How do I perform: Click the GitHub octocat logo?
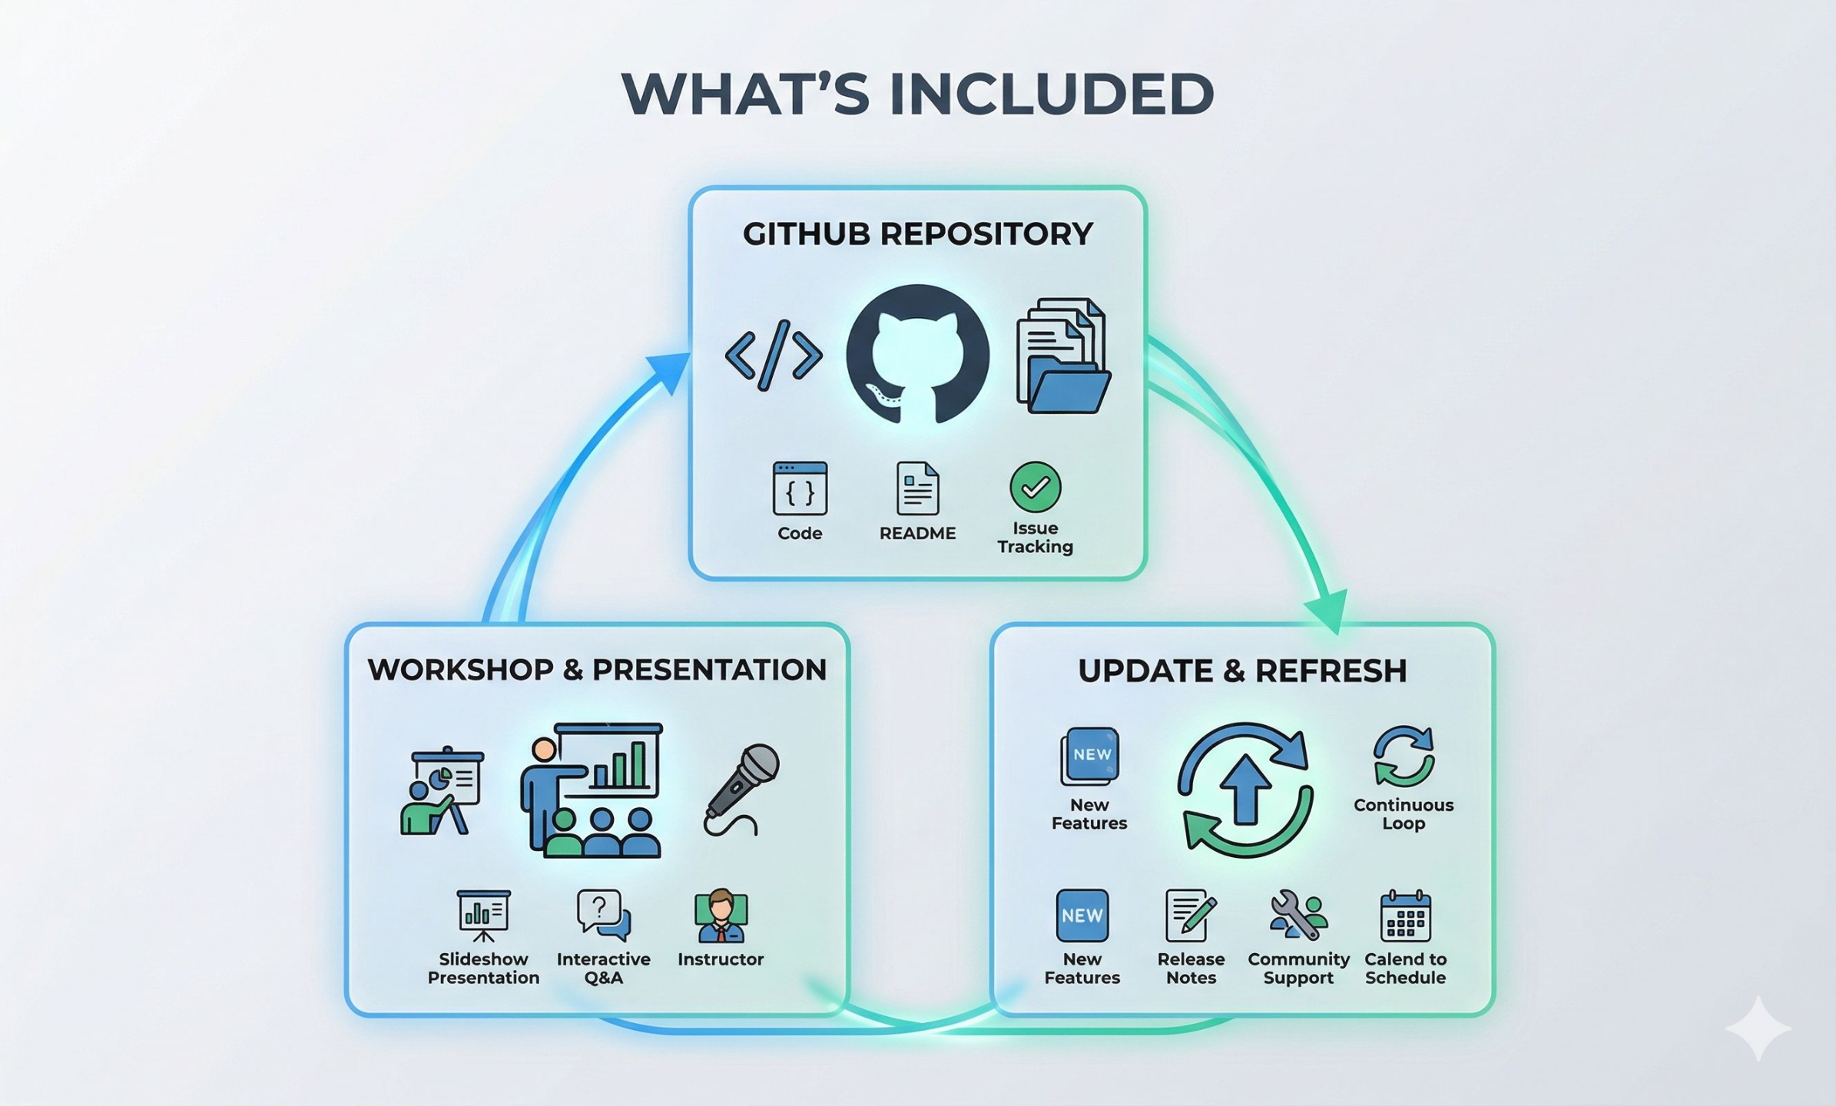pyautogui.click(x=917, y=355)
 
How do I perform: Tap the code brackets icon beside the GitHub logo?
pyautogui.click(x=774, y=356)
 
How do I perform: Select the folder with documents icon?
pyautogui.click(x=1063, y=357)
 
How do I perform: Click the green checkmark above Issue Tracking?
pyautogui.click(x=1035, y=487)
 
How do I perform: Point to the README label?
pyautogui.click(x=917, y=533)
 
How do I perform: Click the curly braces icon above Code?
pyautogui.click(x=800, y=488)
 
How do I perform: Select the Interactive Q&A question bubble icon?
pyautogui.click(x=603, y=915)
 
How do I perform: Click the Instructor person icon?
pyautogui.click(x=721, y=916)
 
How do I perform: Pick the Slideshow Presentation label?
pyautogui.click(x=483, y=969)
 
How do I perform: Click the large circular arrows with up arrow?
pyautogui.click(x=1244, y=790)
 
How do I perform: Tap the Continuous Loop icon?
pyautogui.click(x=1404, y=757)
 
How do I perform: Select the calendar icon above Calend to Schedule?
pyautogui.click(x=1405, y=916)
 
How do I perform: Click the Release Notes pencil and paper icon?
pyautogui.click(x=1191, y=916)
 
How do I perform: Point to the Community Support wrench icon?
pyautogui.click(x=1298, y=915)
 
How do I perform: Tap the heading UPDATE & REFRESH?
pyautogui.click(x=1242, y=671)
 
